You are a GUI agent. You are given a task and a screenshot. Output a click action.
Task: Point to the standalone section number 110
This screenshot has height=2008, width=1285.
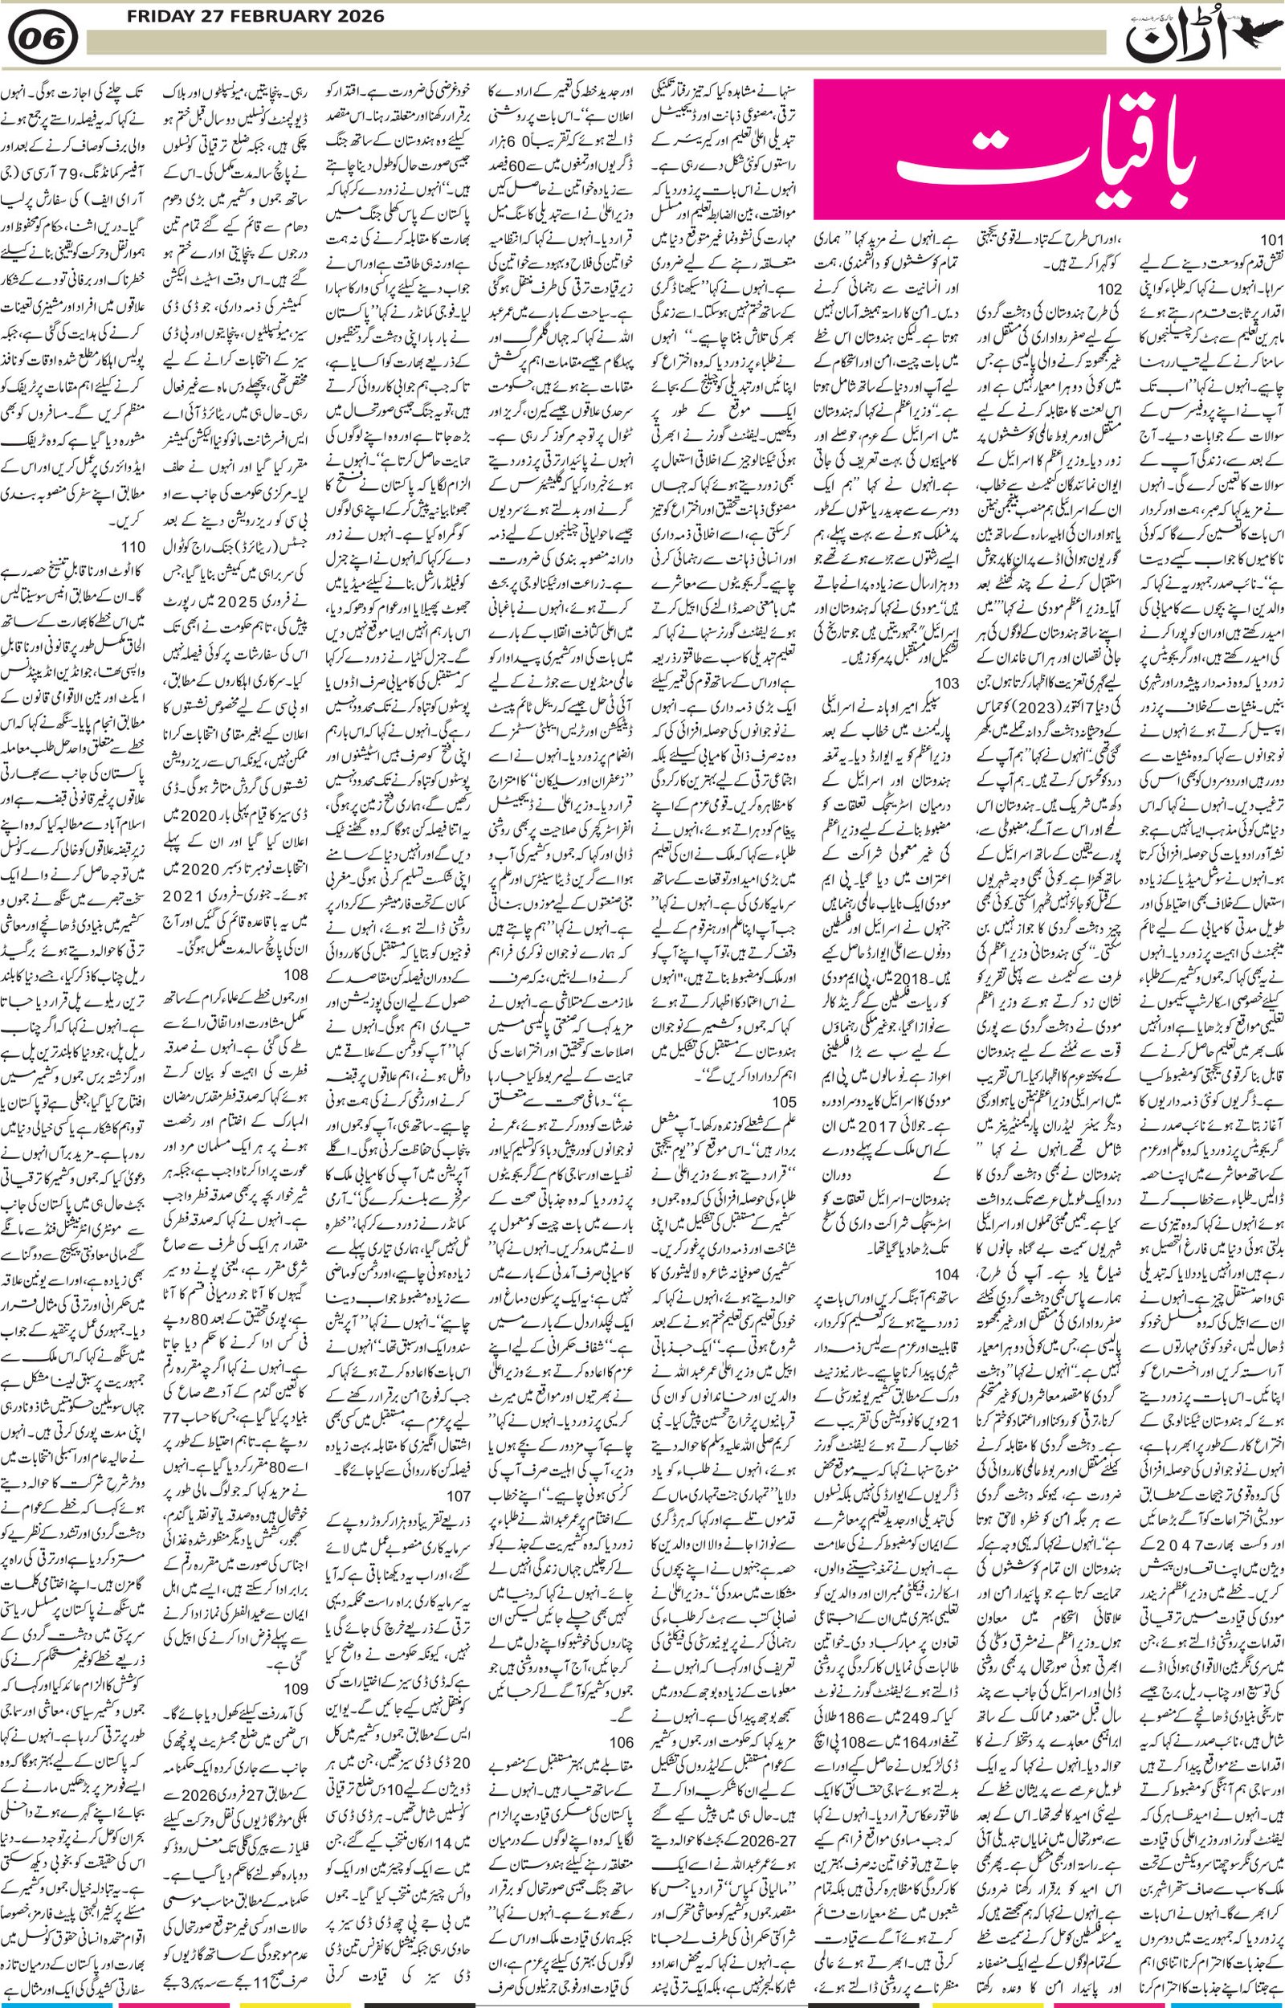tap(133, 546)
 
